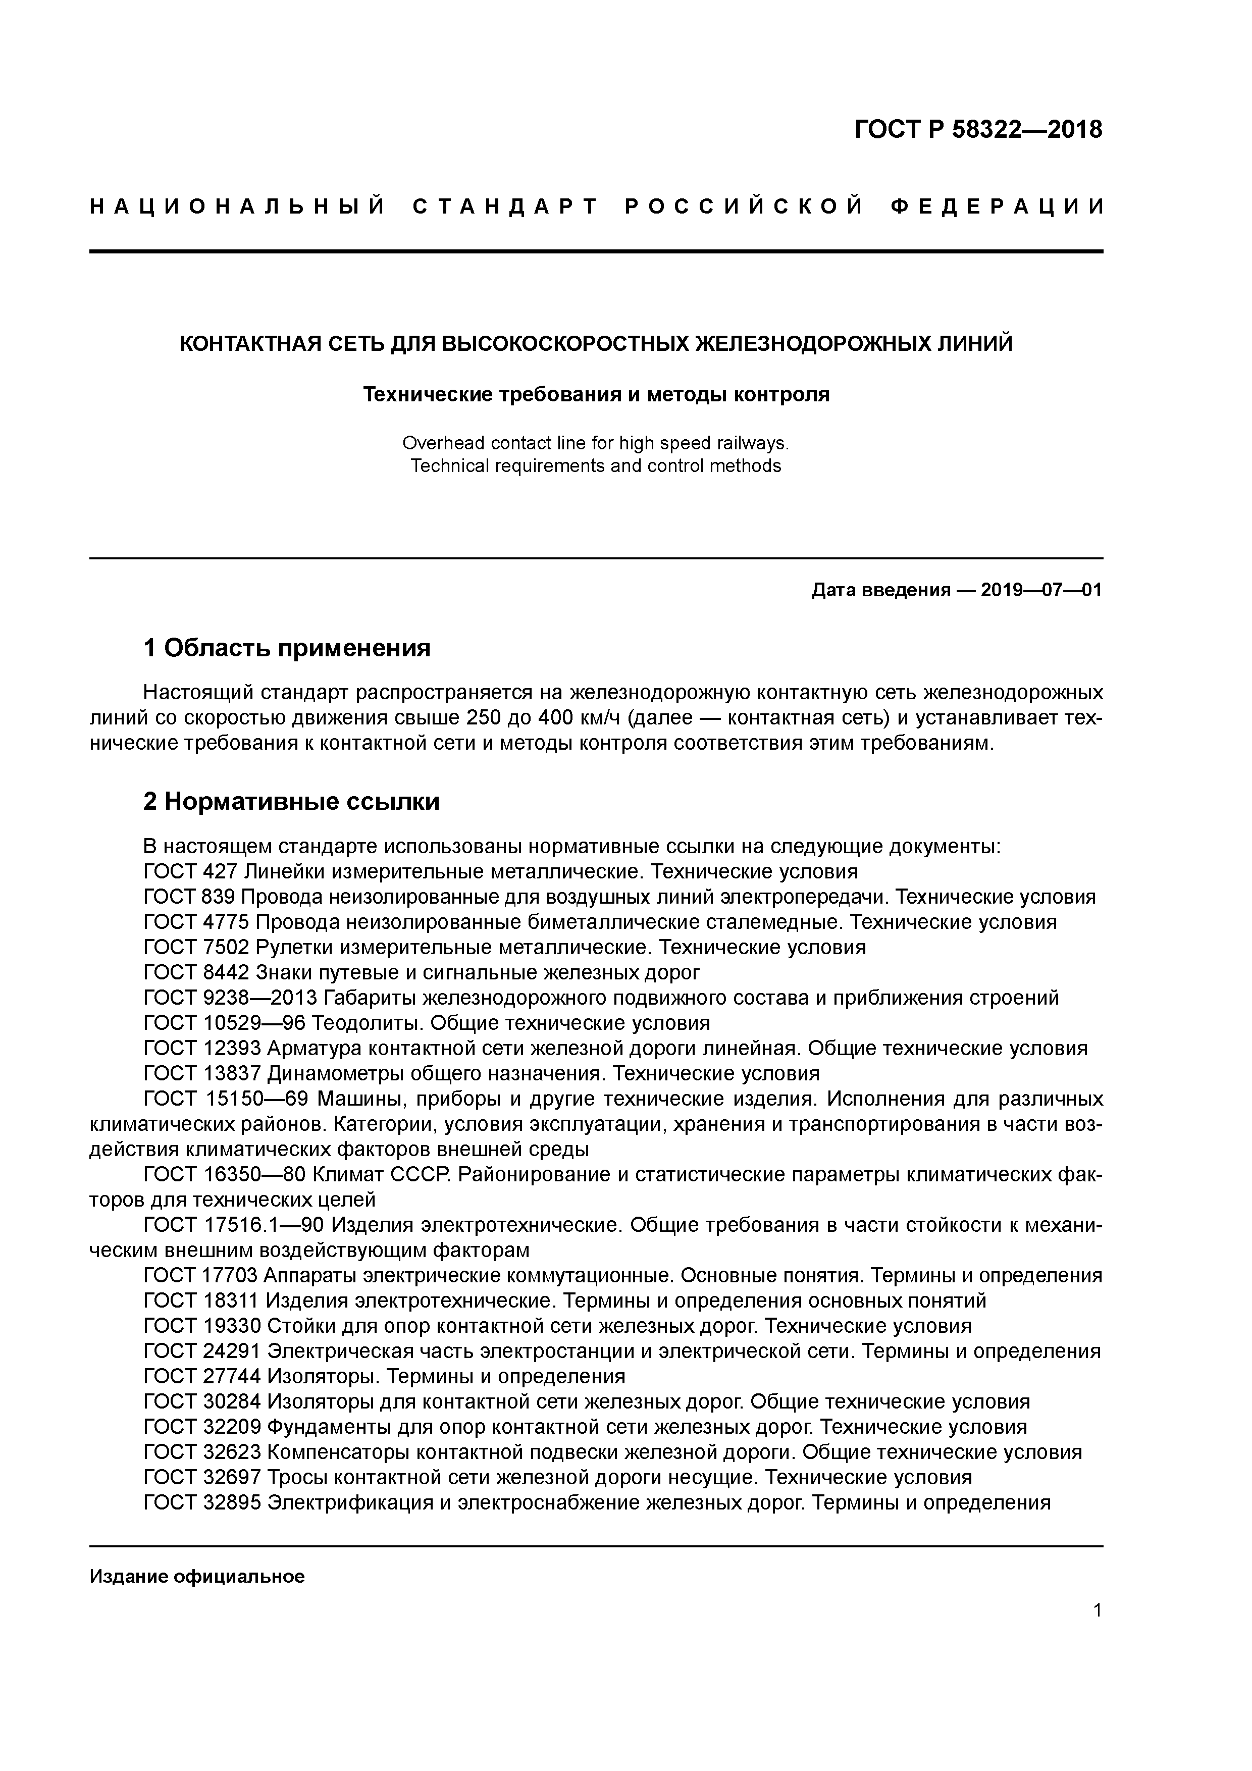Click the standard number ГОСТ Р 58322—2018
pyautogui.click(x=978, y=130)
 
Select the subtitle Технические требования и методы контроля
pyautogui.click(x=596, y=395)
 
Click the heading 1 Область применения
pyautogui.click(x=287, y=648)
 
